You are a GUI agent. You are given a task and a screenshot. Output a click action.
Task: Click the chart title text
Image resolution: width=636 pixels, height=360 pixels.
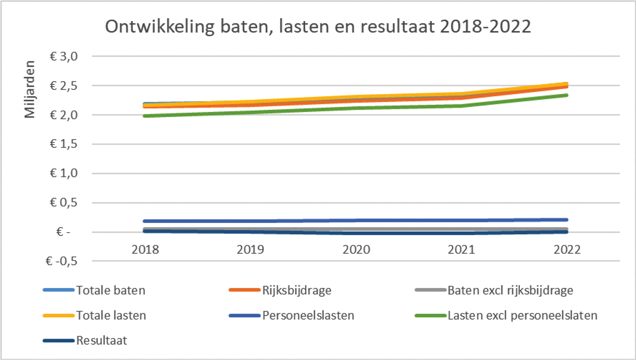pyautogui.click(x=318, y=27)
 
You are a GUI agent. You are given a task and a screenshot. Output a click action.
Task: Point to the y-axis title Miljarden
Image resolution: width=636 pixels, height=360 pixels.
pyautogui.click(x=30, y=89)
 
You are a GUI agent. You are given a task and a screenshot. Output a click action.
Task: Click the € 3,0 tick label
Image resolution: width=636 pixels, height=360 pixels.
pyautogui.click(x=64, y=56)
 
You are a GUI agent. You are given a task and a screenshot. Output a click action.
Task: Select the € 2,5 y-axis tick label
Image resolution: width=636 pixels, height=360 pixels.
pyautogui.click(x=64, y=86)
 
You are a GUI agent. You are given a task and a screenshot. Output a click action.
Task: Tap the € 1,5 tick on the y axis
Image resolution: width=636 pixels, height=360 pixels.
pyautogui.click(x=64, y=144)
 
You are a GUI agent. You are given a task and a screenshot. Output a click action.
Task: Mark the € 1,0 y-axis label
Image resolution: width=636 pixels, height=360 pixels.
pyautogui.click(x=64, y=173)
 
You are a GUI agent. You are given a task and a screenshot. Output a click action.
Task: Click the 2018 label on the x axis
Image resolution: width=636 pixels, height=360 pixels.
pyautogui.click(x=145, y=250)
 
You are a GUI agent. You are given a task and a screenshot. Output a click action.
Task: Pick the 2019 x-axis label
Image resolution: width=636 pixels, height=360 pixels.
pyautogui.click(x=251, y=250)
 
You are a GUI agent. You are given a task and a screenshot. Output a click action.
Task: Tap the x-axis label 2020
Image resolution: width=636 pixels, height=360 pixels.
pyautogui.click(x=356, y=250)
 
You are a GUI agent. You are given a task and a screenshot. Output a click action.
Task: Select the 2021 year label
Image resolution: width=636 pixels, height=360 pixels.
pyautogui.click(x=462, y=250)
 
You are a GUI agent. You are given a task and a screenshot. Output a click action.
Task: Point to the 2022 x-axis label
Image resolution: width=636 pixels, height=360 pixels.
pyautogui.click(x=567, y=250)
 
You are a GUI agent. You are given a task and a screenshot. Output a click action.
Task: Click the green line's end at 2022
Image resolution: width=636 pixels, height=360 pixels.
pyautogui.click(x=567, y=95)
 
